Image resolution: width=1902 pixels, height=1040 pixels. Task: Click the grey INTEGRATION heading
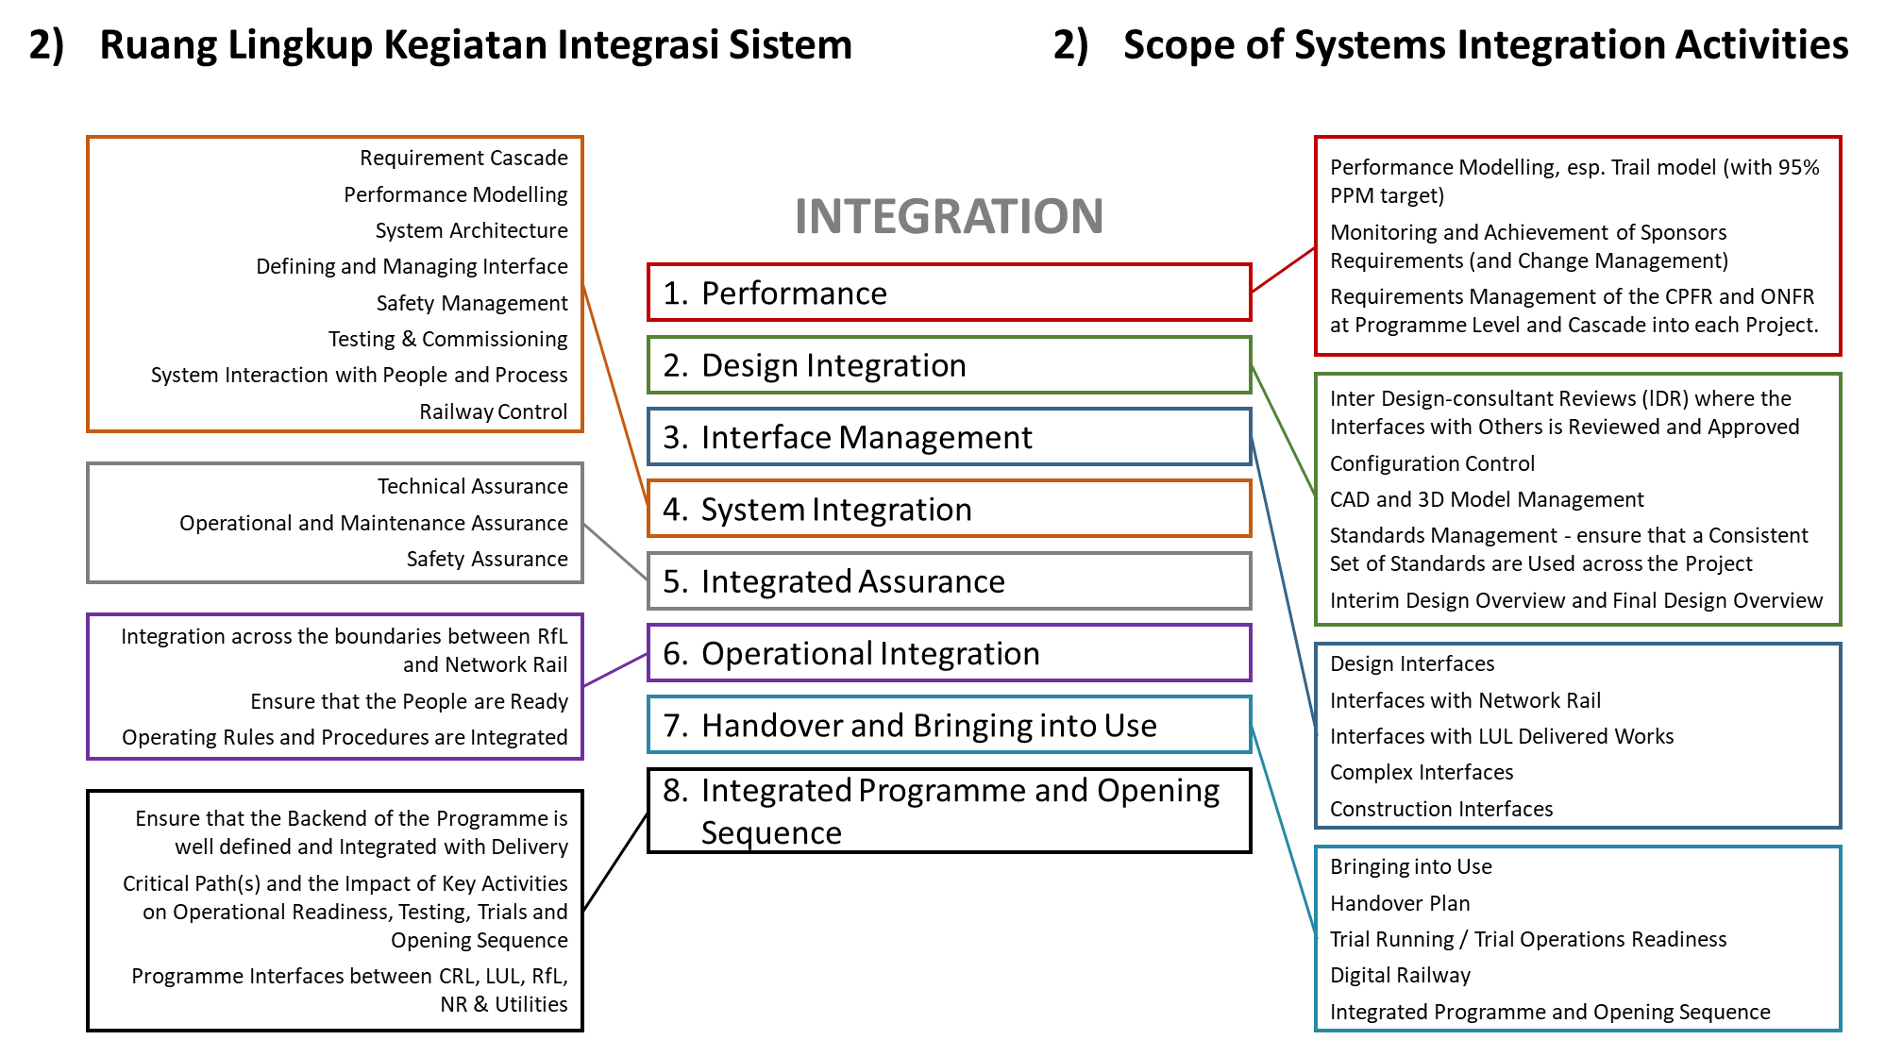coord(949,216)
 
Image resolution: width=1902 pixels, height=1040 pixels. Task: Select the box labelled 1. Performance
coord(949,293)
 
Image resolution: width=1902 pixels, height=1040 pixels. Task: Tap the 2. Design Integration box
coord(949,365)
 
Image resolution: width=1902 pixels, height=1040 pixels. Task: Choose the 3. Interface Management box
coord(949,437)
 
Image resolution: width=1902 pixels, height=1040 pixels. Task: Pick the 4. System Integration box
coord(949,509)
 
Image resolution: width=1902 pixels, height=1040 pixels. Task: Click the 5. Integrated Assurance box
coord(949,581)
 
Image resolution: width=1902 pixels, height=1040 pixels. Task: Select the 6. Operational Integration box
coord(949,653)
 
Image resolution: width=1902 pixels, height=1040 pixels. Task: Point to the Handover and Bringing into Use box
coord(949,725)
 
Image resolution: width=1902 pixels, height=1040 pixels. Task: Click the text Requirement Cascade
coord(463,158)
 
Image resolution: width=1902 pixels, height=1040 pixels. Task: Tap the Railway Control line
coord(494,411)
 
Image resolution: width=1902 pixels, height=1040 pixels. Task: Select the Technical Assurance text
coord(473,486)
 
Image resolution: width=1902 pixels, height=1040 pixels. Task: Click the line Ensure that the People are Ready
coord(410,701)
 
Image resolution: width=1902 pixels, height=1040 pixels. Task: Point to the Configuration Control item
coord(1432,463)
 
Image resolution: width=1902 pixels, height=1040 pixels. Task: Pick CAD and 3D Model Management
coord(1487,499)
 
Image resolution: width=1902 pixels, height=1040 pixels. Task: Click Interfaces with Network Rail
coord(1465,700)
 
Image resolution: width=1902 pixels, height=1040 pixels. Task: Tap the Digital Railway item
coord(1400,975)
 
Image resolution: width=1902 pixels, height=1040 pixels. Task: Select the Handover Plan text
coord(1400,903)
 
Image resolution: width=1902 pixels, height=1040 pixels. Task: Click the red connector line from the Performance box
coord(1284,270)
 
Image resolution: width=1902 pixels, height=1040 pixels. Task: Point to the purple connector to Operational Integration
coord(615,669)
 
